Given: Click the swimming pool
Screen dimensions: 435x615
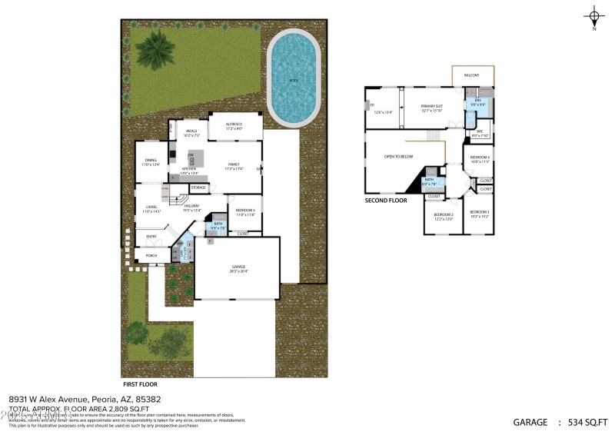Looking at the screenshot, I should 293,79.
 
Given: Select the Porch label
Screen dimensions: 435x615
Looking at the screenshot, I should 151,256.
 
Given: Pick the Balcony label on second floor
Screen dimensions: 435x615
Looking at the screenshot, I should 471,75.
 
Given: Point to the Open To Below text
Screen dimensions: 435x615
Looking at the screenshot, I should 398,157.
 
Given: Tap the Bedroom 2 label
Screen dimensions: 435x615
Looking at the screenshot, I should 443,216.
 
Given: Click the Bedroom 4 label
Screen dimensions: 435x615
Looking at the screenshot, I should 480,159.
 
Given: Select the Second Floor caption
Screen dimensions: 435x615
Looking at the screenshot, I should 386,201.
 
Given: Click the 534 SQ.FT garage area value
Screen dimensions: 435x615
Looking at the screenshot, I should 588,422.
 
